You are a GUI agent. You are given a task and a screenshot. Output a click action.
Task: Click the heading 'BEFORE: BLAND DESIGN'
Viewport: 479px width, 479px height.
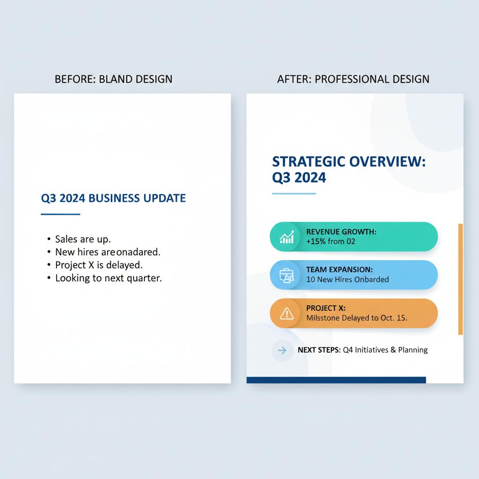113,79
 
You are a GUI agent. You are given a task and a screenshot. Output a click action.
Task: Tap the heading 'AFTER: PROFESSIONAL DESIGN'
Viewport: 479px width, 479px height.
353,79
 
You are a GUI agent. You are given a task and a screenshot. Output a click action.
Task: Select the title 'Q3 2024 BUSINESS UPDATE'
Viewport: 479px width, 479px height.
113,198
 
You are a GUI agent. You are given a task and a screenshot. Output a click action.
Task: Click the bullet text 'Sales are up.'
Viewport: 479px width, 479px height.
83,239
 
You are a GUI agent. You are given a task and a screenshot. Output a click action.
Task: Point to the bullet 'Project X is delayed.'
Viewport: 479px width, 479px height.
99,265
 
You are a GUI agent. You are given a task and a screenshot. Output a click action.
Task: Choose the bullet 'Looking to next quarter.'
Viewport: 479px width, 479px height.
109,278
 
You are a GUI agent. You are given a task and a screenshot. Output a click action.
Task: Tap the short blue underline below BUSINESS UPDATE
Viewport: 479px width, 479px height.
60,214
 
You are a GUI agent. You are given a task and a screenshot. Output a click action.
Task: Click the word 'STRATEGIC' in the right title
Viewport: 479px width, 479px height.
309,161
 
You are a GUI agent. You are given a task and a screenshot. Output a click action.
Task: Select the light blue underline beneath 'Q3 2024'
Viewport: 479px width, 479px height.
294,194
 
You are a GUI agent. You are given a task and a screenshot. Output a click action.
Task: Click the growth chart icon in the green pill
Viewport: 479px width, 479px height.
287,237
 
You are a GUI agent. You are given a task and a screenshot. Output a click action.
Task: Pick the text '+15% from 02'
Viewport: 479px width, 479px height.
331,241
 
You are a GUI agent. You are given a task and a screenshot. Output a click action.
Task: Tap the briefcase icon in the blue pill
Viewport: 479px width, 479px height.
287,275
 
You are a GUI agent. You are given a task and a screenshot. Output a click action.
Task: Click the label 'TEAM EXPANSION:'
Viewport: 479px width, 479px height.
340,269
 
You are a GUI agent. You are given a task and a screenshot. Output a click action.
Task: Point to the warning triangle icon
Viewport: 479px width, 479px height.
287,313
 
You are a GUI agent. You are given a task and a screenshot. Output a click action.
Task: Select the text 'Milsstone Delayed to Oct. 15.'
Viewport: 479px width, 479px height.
357,318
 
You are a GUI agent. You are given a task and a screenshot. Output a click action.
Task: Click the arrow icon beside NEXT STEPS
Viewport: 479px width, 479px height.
282,350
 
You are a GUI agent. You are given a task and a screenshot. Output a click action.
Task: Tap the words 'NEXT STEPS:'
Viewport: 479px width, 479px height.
319,350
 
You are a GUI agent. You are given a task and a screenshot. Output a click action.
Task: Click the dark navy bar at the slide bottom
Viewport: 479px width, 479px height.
336,380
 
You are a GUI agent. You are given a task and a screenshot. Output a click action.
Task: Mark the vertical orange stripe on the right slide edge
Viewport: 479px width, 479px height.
460,279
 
